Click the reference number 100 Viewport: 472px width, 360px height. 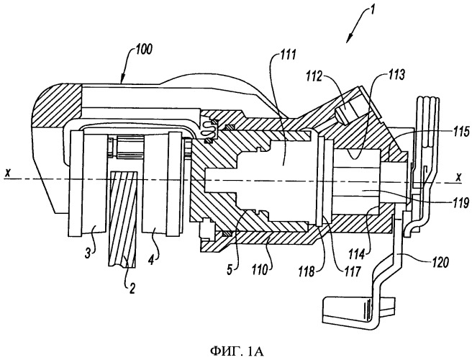click(x=143, y=50)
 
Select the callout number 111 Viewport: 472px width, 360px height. click(x=288, y=56)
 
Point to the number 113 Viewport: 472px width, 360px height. click(x=396, y=76)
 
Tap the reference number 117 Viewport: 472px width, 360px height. click(x=353, y=271)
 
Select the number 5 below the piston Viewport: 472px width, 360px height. click(x=230, y=270)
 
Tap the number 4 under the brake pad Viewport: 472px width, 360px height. click(x=151, y=260)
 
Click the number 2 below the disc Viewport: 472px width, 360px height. click(x=132, y=289)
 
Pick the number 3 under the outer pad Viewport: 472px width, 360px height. click(x=87, y=253)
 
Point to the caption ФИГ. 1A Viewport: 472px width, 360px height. click(x=237, y=351)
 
